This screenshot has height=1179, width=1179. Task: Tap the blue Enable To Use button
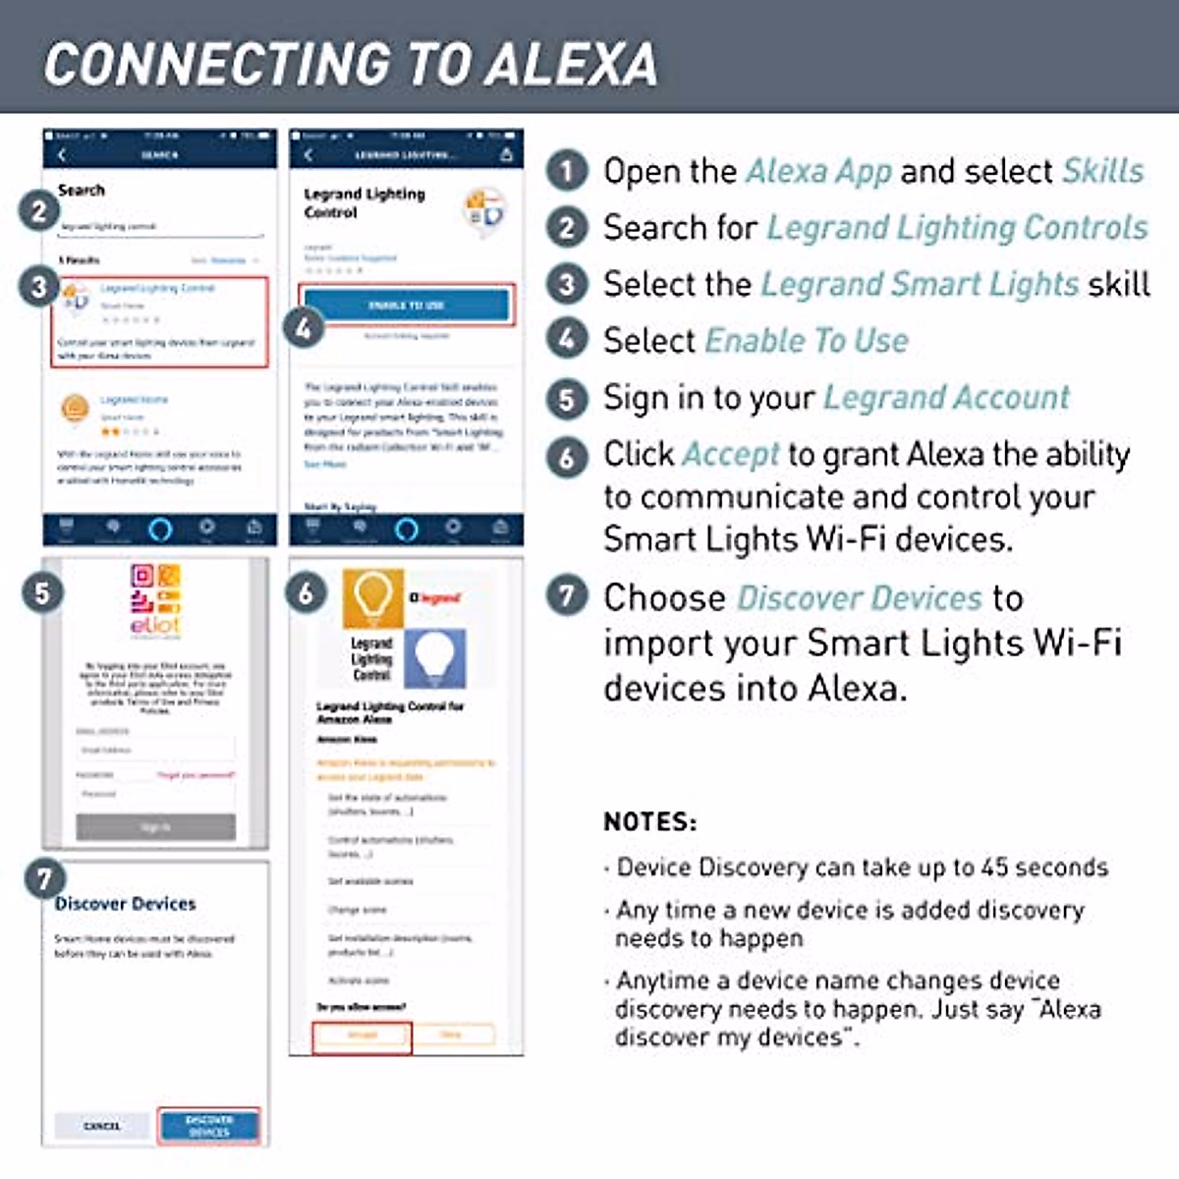(x=407, y=305)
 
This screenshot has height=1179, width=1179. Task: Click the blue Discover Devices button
(x=209, y=1125)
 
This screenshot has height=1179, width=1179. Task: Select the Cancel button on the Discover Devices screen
(x=102, y=1126)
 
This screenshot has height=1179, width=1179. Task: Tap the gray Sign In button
(x=155, y=827)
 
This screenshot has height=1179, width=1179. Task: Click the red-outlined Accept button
(x=362, y=1036)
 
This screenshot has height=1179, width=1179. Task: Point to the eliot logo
(x=155, y=600)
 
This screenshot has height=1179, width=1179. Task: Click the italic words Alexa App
(x=819, y=171)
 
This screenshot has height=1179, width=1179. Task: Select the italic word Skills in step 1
(x=1103, y=171)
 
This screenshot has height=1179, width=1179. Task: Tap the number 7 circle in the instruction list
(x=567, y=596)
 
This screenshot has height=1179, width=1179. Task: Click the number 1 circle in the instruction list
(x=567, y=171)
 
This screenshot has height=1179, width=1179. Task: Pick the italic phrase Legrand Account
(x=946, y=397)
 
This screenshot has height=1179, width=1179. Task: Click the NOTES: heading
(x=650, y=821)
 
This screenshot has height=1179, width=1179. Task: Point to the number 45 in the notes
(x=994, y=868)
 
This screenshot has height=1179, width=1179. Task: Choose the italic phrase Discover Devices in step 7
(x=860, y=597)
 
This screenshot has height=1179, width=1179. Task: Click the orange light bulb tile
(x=372, y=597)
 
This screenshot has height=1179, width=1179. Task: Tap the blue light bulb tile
(x=435, y=657)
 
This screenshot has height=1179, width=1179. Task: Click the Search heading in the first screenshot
(x=82, y=191)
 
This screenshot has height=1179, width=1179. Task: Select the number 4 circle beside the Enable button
(x=304, y=328)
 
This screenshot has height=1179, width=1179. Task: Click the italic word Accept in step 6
(x=731, y=454)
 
